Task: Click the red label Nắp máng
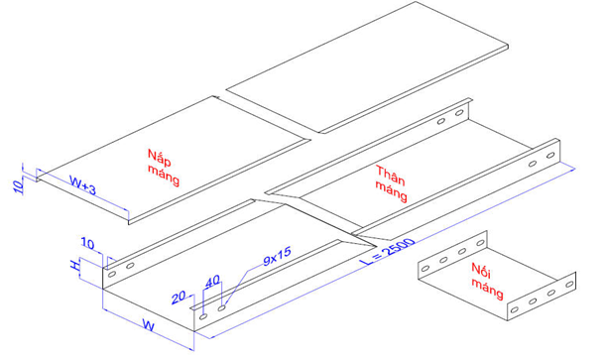pyautogui.click(x=164, y=168)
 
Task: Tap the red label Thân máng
pyautogui.click(x=391, y=183)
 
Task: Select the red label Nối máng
pyautogui.click(x=487, y=281)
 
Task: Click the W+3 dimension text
pyautogui.click(x=82, y=184)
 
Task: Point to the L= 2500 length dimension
pyautogui.click(x=388, y=252)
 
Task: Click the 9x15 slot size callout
pyautogui.click(x=277, y=257)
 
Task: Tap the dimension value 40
pyautogui.click(x=212, y=282)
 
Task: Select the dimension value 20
pyautogui.click(x=179, y=298)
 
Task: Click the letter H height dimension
pyautogui.click(x=74, y=265)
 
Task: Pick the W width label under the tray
pyautogui.click(x=149, y=325)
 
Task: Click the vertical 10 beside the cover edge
pyautogui.click(x=18, y=186)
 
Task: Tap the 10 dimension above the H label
pyautogui.click(x=87, y=244)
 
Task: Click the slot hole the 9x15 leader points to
pyautogui.click(x=221, y=308)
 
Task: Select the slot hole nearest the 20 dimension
pyautogui.click(x=203, y=316)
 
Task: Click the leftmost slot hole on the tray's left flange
pyautogui.click(x=112, y=274)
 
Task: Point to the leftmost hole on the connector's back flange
pyautogui.click(x=425, y=268)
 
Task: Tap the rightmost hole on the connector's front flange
pyautogui.click(x=569, y=285)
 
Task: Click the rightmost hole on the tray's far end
pyautogui.click(x=550, y=156)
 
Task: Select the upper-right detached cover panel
pyautogui.click(x=367, y=67)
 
